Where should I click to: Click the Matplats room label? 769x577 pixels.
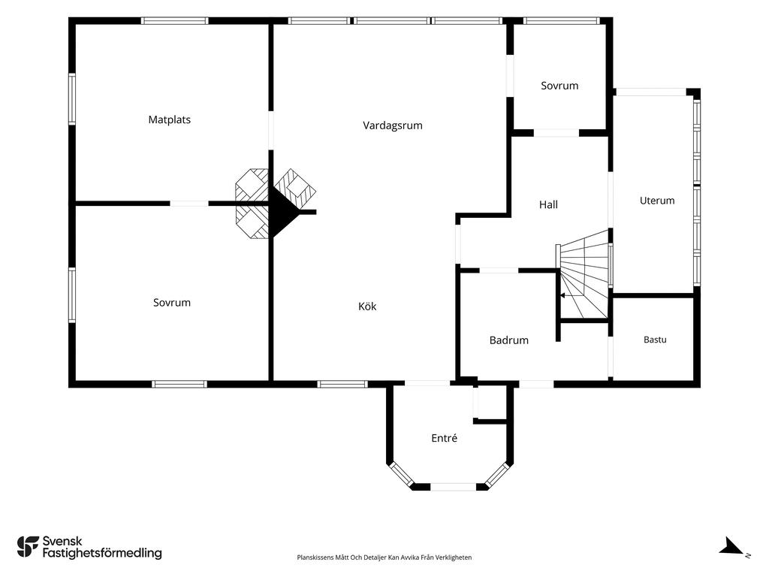pyautogui.click(x=169, y=119)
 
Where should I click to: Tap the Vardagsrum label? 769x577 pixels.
pyautogui.click(x=392, y=125)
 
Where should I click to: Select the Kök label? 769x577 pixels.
pyautogui.click(x=367, y=307)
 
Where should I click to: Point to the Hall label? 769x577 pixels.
pyautogui.click(x=548, y=204)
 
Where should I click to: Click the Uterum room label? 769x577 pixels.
pyautogui.click(x=657, y=200)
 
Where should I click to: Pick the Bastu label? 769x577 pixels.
pyautogui.click(x=655, y=340)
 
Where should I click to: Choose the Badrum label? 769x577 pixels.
pyautogui.click(x=509, y=340)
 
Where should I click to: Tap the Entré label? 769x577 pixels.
pyautogui.click(x=445, y=438)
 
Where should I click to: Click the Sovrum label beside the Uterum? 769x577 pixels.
pyautogui.click(x=559, y=86)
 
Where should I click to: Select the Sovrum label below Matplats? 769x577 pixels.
pyautogui.click(x=172, y=303)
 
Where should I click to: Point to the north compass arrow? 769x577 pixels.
pyautogui.click(x=731, y=545)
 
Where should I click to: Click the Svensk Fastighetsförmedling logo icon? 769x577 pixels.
pyautogui.click(x=28, y=547)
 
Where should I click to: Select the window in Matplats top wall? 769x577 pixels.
pyautogui.click(x=174, y=21)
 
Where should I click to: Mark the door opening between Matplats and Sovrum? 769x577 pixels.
pyautogui.click(x=189, y=203)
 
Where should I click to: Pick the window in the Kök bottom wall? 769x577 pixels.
pyautogui.click(x=342, y=384)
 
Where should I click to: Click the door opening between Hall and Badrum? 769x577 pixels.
pyautogui.click(x=499, y=270)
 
